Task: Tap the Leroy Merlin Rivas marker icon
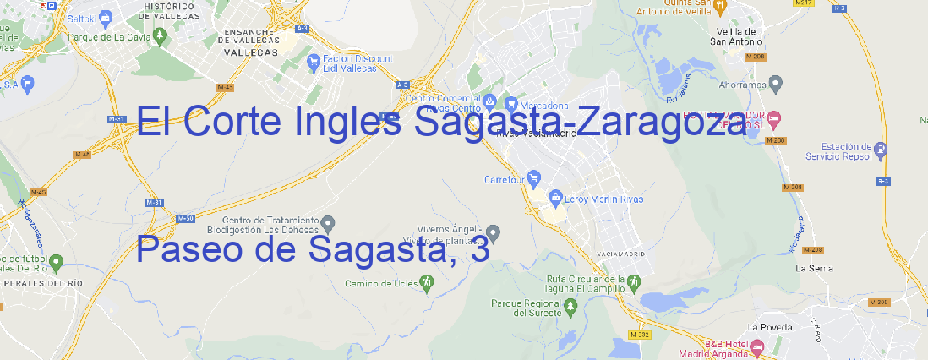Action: (x=555, y=199)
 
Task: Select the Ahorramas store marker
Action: (x=776, y=83)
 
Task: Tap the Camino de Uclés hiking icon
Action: (x=426, y=283)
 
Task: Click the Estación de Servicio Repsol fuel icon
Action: (x=881, y=150)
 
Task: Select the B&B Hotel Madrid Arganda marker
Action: (x=757, y=346)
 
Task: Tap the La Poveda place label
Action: (x=770, y=327)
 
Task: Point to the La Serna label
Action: (x=815, y=268)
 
